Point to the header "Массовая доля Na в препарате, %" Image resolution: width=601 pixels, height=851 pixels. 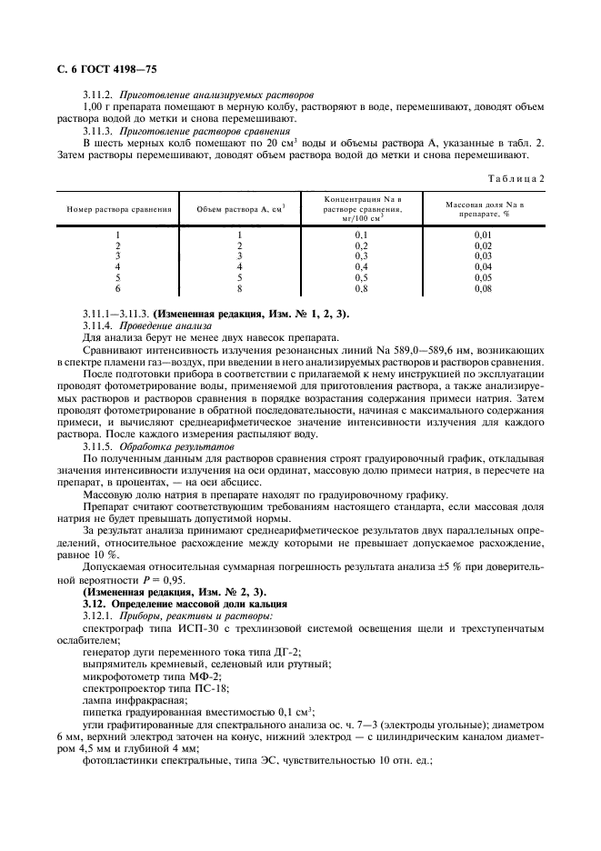pyautogui.click(x=484, y=208)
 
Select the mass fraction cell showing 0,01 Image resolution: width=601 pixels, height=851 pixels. pyautogui.click(x=484, y=235)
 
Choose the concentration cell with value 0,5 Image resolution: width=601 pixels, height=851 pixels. pyautogui.click(x=362, y=277)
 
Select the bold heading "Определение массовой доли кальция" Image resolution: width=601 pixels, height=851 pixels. pyautogui.click(x=198, y=604)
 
